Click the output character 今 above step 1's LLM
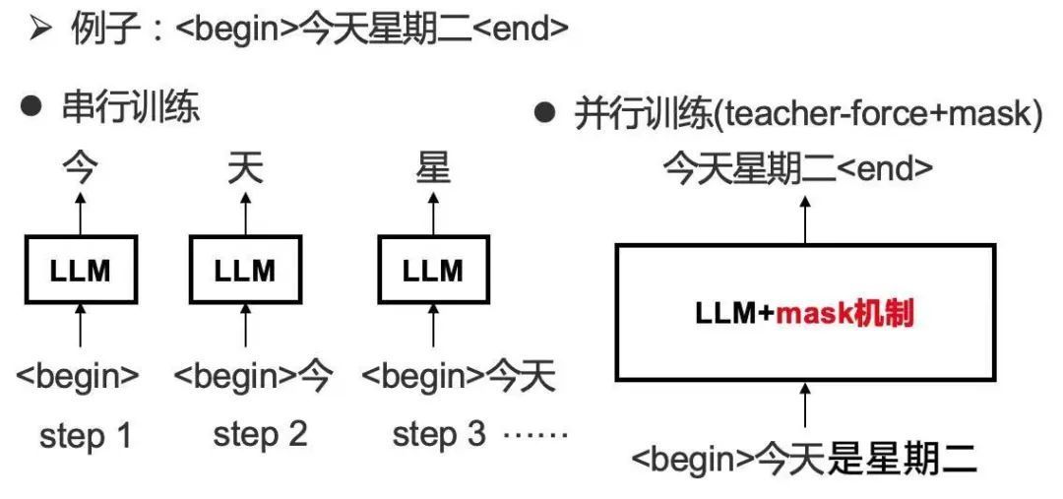point(81,169)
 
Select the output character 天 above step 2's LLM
point(245,169)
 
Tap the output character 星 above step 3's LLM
point(433,169)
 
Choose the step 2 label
point(260,435)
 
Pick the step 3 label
point(439,435)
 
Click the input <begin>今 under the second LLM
point(254,374)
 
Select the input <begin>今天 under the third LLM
point(459,374)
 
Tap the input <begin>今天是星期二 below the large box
point(804,460)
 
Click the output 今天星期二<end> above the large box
point(797,169)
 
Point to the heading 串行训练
point(131,107)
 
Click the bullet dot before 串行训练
point(31,107)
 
